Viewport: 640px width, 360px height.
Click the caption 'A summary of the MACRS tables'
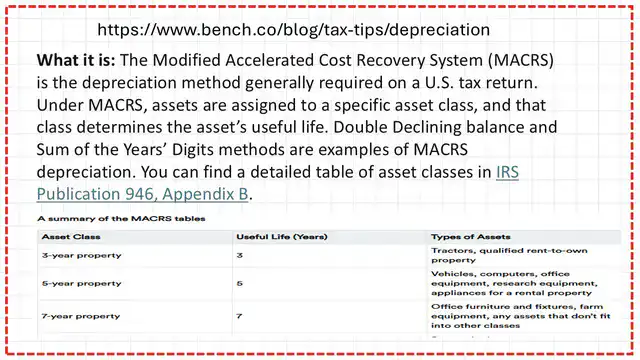click(99, 216)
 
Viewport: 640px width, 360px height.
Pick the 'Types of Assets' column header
click(468, 237)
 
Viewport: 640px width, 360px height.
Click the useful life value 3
click(239, 256)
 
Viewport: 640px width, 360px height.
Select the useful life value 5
click(239, 284)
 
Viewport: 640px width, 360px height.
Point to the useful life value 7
click(239, 316)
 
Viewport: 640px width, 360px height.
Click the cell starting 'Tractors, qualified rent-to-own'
click(502, 255)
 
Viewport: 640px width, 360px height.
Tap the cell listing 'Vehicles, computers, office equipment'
click(505, 284)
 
